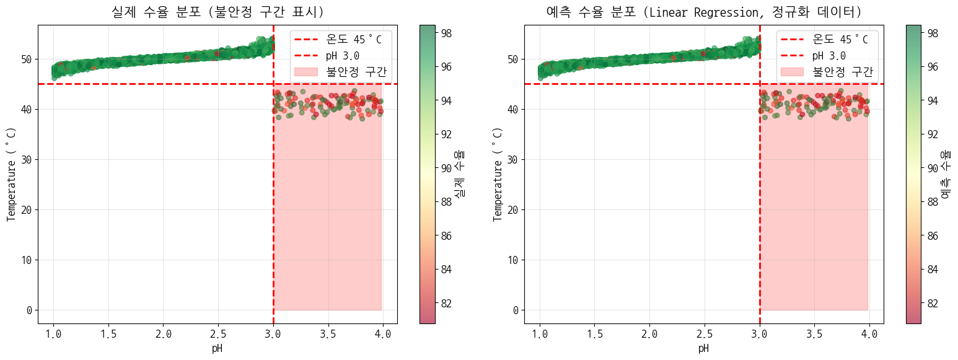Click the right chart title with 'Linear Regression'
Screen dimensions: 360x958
point(703,12)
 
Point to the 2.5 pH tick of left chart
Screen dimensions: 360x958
point(219,335)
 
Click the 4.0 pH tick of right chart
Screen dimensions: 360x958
point(869,335)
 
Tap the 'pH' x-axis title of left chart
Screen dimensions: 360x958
point(217,348)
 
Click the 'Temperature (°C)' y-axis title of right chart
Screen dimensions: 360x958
point(497,174)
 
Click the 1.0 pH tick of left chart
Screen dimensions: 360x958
point(54,335)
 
